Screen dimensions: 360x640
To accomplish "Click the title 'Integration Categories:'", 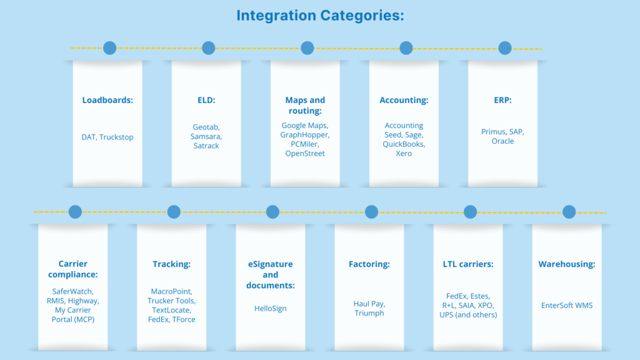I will (320, 15).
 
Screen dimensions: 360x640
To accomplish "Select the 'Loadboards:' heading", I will (107, 100).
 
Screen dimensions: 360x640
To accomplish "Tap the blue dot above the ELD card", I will (209, 48).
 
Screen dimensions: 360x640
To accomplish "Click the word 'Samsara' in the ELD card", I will (206, 136).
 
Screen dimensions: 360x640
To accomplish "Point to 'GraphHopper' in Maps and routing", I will (305, 134).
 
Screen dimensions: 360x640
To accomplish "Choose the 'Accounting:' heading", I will (404, 100).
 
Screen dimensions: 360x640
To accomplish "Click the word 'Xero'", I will (404, 154).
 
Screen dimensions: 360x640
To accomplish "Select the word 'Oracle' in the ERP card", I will (502, 141).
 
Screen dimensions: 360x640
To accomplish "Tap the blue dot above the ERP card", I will (505, 48).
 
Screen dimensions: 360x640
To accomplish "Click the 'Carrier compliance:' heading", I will (72, 269).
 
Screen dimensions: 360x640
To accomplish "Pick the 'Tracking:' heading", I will (171, 264).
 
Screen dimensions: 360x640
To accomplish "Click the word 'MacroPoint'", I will (171, 291).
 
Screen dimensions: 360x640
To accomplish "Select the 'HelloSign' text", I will (270, 309).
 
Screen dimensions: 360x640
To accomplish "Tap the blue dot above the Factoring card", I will (371, 212).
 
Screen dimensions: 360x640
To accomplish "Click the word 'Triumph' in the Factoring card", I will (369, 313).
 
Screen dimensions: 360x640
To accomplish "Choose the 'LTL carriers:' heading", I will (467, 264).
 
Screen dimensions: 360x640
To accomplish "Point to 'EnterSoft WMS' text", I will (566, 306).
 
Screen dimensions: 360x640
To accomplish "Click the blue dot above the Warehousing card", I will (569, 212).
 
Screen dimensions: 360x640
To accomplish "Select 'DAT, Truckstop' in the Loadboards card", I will (107, 137).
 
